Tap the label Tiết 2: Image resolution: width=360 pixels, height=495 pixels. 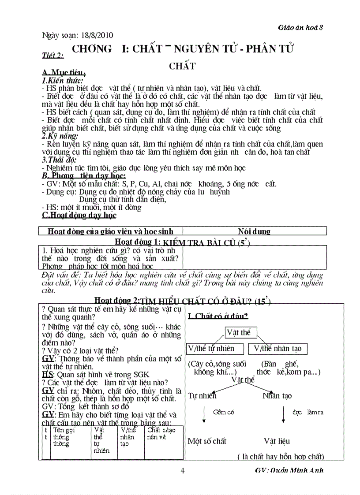pos(52,55)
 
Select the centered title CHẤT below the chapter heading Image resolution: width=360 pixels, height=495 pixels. pos(182,66)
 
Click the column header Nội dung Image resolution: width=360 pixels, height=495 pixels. pos(254,231)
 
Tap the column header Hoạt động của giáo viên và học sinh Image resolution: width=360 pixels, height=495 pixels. pos(110,231)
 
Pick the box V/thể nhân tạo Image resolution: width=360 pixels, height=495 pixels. pos(277,349)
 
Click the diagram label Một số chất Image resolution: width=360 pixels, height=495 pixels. pos(207,441)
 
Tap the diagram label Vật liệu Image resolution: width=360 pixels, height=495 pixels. pos(277,441)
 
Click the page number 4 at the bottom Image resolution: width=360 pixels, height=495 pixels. pos(183,470)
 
